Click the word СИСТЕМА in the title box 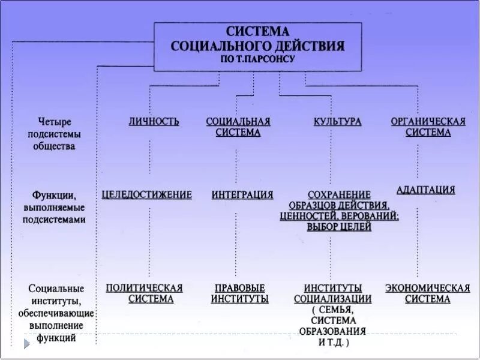(258, 31)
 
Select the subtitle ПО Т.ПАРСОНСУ (258, 60)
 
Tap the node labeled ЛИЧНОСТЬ (154, 122)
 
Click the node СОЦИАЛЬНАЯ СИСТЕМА (238, 127)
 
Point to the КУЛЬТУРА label (338, 122)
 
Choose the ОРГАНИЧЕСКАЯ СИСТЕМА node (428, 127)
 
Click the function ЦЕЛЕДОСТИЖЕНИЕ (147, 194)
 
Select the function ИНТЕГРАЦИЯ (242, 194)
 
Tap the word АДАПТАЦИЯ (426, 190)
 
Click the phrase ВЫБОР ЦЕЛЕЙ (339, 227)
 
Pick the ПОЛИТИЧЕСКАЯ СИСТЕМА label (144, 293)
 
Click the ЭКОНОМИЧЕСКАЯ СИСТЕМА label (427, 293)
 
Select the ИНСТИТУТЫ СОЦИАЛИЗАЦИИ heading (332, 293)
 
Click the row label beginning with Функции (54, 195)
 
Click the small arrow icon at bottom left (27, 344)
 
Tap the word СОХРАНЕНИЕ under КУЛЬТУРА (339, 195)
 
